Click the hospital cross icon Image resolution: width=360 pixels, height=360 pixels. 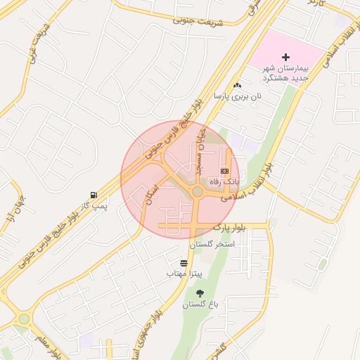[285, 56]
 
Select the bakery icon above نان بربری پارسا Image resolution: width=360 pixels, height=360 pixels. [237, 85]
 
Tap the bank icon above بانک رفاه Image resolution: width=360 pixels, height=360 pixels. [224, 171]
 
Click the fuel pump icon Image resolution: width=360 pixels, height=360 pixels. [94, 195]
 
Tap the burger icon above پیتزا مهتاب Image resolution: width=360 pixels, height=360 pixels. [184, 262]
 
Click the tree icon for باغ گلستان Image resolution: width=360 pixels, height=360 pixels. [201, 293]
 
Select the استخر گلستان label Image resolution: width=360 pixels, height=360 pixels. [212, 244]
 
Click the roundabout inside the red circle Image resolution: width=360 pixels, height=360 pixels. [198, 191]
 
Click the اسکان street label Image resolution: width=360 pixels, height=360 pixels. [151, 190]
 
